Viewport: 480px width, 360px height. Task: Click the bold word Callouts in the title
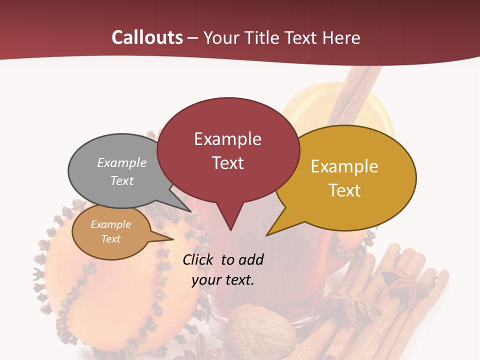pyautogui.click(x=147, y=37)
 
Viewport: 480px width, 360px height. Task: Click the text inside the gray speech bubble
pyautogui.click(x=122, y=171)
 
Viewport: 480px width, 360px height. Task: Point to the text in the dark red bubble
pyautogui.click(x=227, y=150)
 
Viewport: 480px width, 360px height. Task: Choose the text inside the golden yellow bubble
pyautogui.click(x=344, y=178)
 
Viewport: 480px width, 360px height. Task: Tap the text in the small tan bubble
pyautogui.click(x=111, y=231)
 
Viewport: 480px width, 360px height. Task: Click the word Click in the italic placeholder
pyautogui.click(x=198, y=259)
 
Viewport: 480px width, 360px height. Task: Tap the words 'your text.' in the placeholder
pyautogui.click(x=223, y=280)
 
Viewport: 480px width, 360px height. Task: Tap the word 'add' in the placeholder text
pyautogui.click(x=251, y=259)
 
